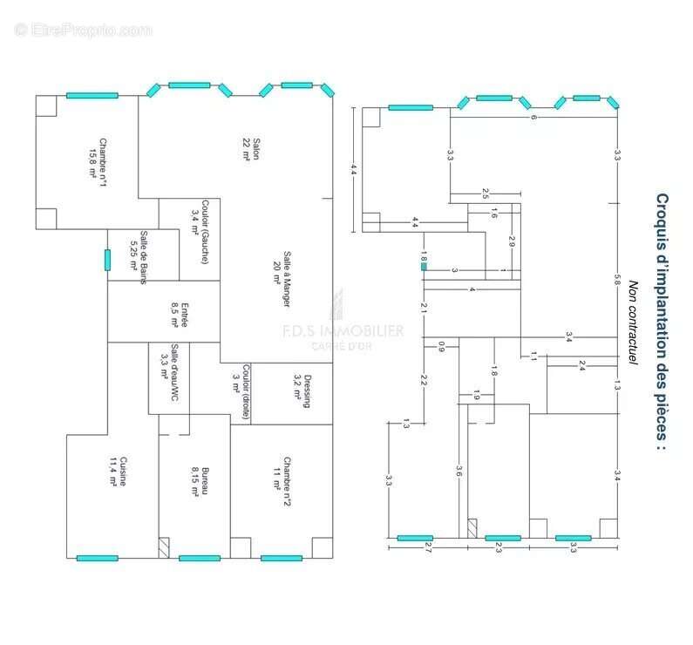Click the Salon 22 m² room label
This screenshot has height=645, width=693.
[x=251, y=148]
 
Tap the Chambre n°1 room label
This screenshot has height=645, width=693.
[x=97, y=158]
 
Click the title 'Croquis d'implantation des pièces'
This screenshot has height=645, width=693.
[x=662, y=322]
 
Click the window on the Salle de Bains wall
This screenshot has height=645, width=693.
[x=107, y=260]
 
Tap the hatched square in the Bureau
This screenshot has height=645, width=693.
[x=164, y=547]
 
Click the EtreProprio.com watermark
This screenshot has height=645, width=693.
[x=83, y=30]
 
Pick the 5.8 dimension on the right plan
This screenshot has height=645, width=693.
[x=616, y=284]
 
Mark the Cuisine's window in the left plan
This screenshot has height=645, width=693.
[x=97, y=558]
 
